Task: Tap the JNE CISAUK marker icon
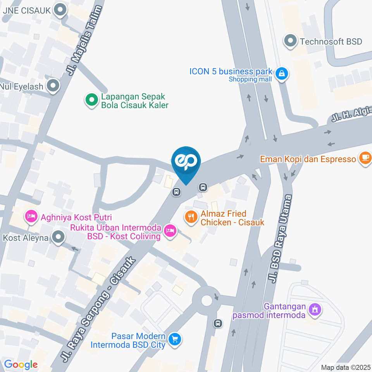point(60,10)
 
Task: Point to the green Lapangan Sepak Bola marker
point(91,100)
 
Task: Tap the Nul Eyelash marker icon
point(53,86)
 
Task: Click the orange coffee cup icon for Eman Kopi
point(365,158)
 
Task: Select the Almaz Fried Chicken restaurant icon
point(191,217)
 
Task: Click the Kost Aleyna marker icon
point(58,237)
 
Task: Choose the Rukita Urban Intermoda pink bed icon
point(169,231)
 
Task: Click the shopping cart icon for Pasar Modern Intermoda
point(175,340)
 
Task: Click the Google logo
point(21,364)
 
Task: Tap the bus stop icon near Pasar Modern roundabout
point(218,323)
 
